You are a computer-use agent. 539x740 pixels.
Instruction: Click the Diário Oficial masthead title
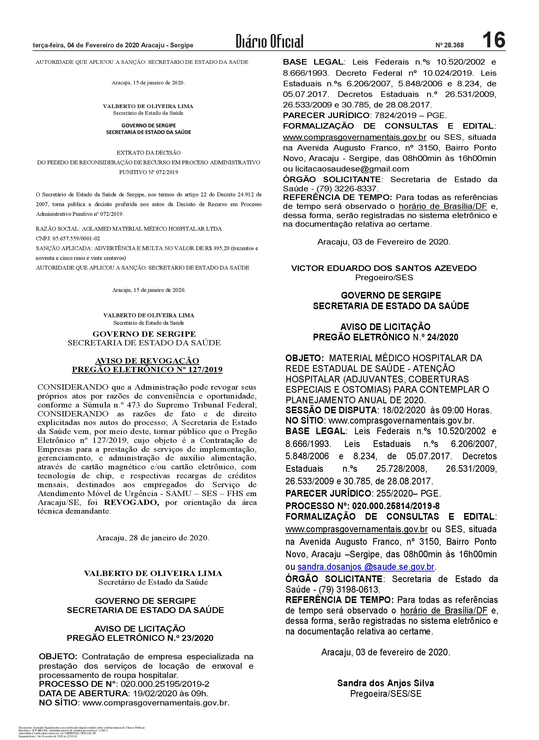[269, 41]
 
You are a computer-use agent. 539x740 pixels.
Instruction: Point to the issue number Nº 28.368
[449, 45]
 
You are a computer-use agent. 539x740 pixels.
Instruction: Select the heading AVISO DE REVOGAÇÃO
[147, 361]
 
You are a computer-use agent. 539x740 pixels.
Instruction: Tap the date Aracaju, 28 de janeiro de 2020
[153, 538]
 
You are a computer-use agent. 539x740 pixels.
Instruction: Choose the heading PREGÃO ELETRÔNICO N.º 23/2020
[140, 638]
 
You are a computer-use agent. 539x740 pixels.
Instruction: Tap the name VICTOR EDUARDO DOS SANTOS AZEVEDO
[384, 268]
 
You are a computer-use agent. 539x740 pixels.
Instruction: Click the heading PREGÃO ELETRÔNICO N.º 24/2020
[385, 337]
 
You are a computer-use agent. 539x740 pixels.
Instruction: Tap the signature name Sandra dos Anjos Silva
[385, 683]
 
